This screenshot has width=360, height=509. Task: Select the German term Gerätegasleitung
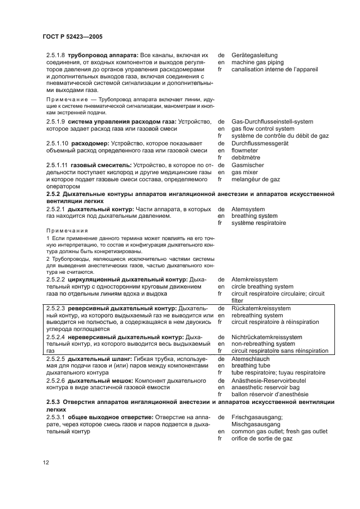click(254, 55)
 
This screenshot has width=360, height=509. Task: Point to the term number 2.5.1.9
click(55, 121)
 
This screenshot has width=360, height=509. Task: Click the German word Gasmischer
click(248, 164)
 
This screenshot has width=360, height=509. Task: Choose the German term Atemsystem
click(248, 208)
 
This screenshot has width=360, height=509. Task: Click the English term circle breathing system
click(263, 286)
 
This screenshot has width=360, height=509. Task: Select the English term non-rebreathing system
click(263, 344)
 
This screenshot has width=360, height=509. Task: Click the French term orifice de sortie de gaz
click(262, 438)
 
